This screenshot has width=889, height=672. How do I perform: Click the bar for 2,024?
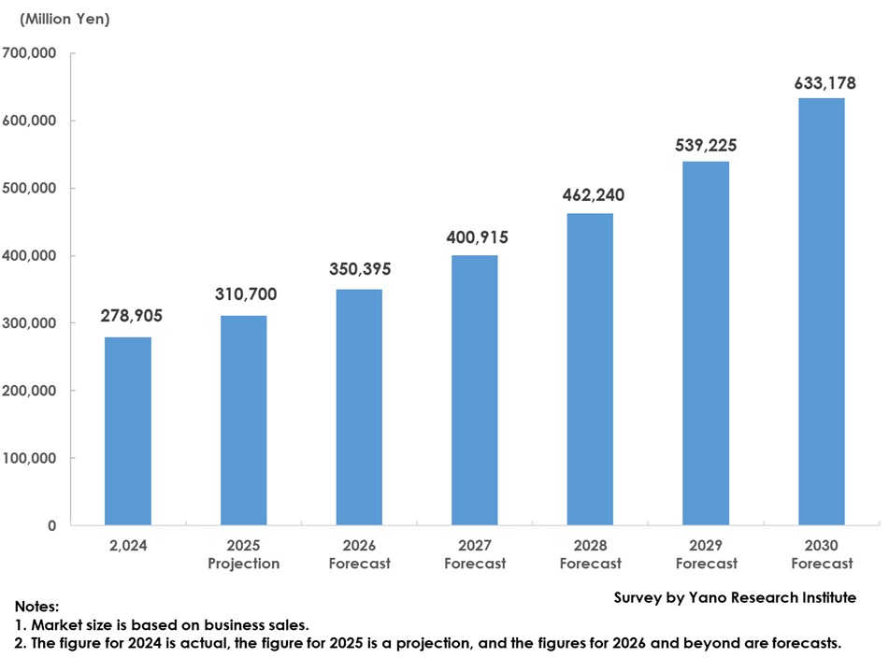[127, 431]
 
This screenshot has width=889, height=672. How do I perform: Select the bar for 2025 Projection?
[243, 421]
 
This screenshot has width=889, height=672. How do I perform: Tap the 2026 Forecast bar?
[359, 407]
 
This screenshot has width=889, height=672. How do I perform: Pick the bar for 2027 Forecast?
[475, 390]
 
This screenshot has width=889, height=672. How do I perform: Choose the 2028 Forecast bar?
[590, 369]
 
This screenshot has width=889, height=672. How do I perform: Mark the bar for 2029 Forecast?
[706, 343]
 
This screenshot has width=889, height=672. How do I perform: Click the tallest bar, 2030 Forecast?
[822, 311]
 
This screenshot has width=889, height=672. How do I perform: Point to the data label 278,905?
[131, 316]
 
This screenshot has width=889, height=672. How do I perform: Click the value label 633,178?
[824, 83]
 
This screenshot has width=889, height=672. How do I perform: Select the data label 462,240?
[593, 195]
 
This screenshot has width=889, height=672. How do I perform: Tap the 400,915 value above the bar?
[477, 237]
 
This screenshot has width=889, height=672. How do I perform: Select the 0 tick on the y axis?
[51, 525]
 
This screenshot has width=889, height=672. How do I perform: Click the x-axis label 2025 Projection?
[243, 554]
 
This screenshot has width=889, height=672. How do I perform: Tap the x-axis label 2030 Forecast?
[822, 554]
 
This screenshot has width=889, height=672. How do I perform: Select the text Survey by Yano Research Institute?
[734, 597]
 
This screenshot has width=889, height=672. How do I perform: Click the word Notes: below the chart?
[36, 607]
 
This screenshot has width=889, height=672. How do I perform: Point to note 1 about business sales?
[161, 624]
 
